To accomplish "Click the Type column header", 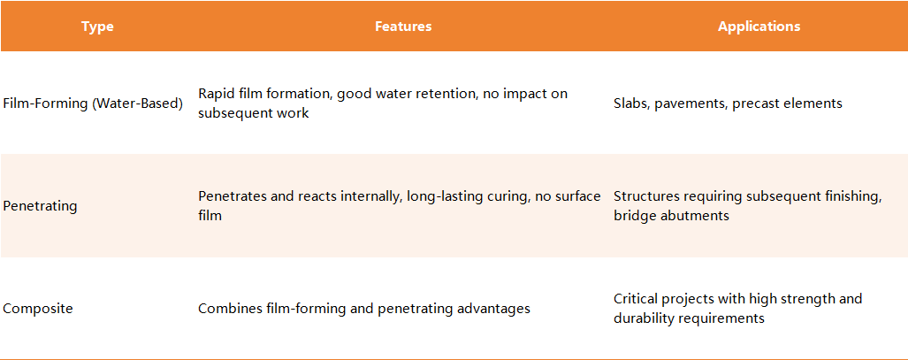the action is coord(97,27).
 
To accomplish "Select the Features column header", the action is coord(403,26).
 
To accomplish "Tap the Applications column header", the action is coord(759,27).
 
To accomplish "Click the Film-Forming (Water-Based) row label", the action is coord(93,103).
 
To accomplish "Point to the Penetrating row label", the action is coord(40,206).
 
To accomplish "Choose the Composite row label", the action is coord(38,309).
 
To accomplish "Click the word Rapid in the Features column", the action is coord(214,94).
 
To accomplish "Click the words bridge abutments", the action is coord(671,216).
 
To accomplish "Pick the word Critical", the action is coord(636,299).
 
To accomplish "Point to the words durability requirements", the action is coord(689,318).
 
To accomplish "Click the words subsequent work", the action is coord(254,113).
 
